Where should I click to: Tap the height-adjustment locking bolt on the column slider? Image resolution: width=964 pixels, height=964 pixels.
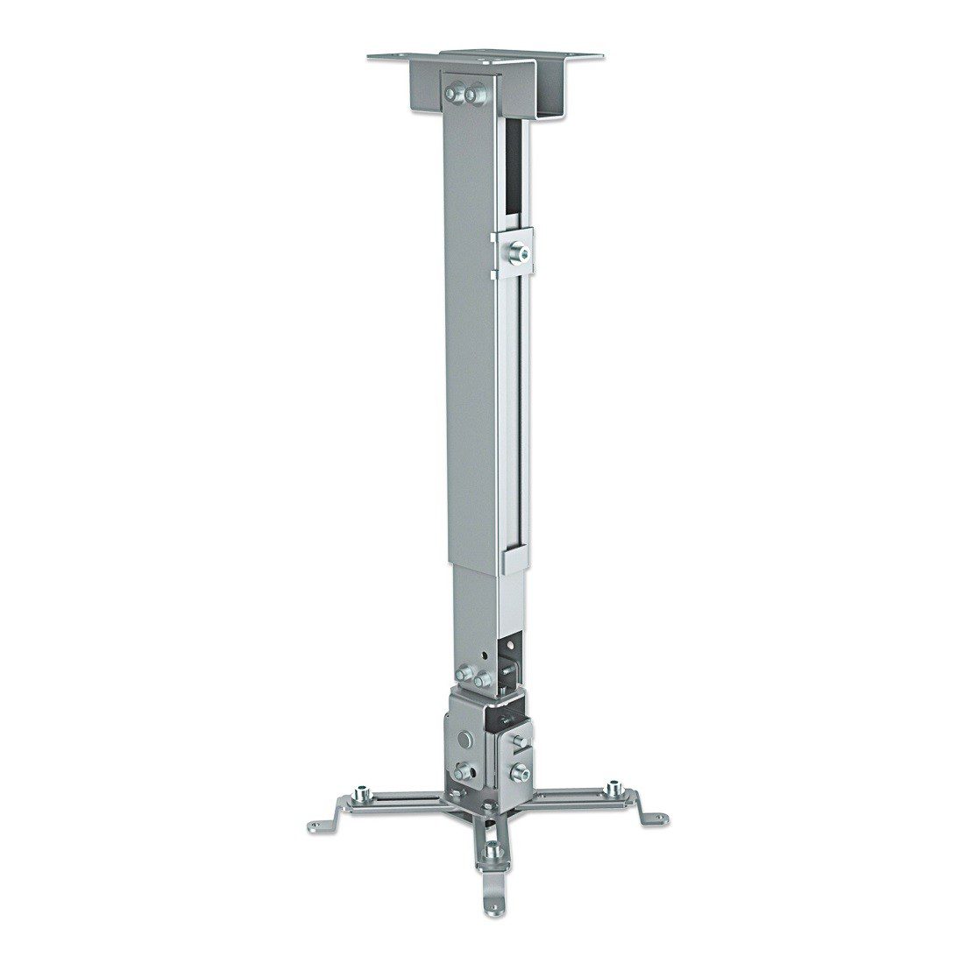tap(521, 252)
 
